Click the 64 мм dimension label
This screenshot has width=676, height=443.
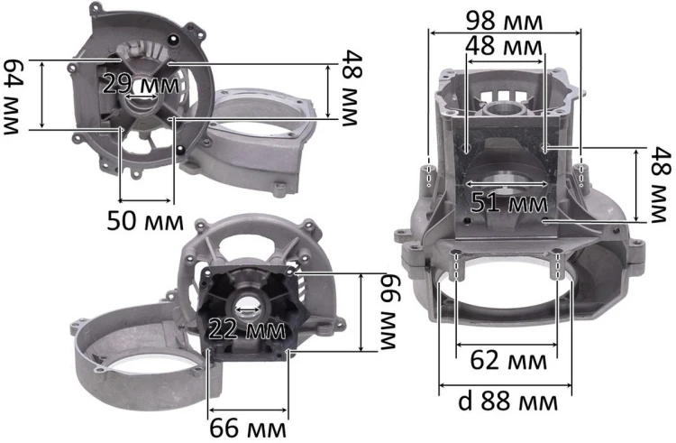pos(12,97)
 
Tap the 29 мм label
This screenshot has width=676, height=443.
pos(141,84)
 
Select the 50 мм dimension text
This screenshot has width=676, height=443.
pos(145,221)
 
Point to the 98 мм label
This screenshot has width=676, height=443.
pos(505,21)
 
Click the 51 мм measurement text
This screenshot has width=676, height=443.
pos(509,202)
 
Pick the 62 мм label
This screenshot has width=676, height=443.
pos(508,360)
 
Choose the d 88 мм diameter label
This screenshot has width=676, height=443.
pos(507,401)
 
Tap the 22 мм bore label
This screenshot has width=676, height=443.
pos(247,330)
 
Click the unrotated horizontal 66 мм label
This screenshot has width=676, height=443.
pos(248,429)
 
